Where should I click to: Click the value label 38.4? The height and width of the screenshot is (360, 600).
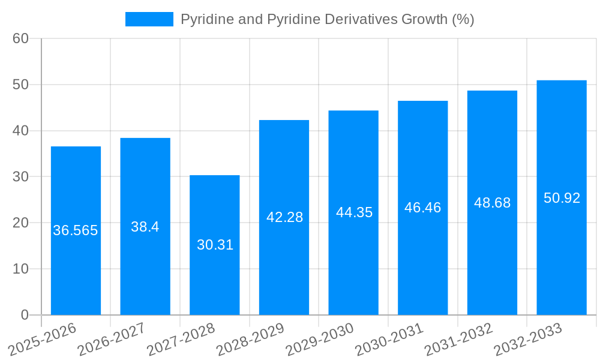(x=145, y=227)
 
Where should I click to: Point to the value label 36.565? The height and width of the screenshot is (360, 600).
(x=76, y=230)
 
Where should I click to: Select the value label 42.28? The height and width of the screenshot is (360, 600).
(x=284, y=217)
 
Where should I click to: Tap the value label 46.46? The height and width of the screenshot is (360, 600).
(x=422, y=208)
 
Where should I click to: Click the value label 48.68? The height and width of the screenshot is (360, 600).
(x=492, y=203)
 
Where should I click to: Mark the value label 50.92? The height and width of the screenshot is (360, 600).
(x=562, y=198)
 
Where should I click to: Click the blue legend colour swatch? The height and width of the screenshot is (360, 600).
(x=149, y=19)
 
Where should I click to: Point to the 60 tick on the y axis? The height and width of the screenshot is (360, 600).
(x=21, y=38)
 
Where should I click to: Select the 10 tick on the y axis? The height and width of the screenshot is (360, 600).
(x=21, y=269)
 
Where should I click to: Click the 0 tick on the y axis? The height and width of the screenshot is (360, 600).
(x=25, y=314)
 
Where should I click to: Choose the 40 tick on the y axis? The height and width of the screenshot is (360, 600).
(x=21, y=131)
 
